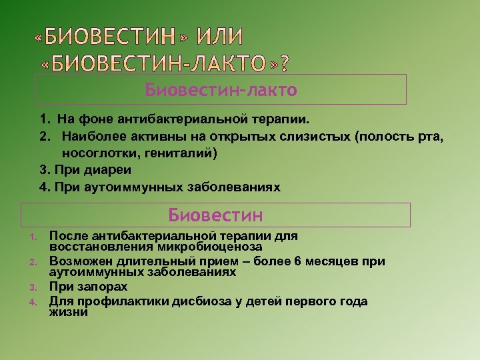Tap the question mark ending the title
(x=285, y=63)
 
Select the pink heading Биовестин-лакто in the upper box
(x=221, y=89)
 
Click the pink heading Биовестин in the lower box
(x=215, y=215)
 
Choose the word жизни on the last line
(x=69, y=311)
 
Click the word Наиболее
(x=91, y=137)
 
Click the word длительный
(x=153, y=261)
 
